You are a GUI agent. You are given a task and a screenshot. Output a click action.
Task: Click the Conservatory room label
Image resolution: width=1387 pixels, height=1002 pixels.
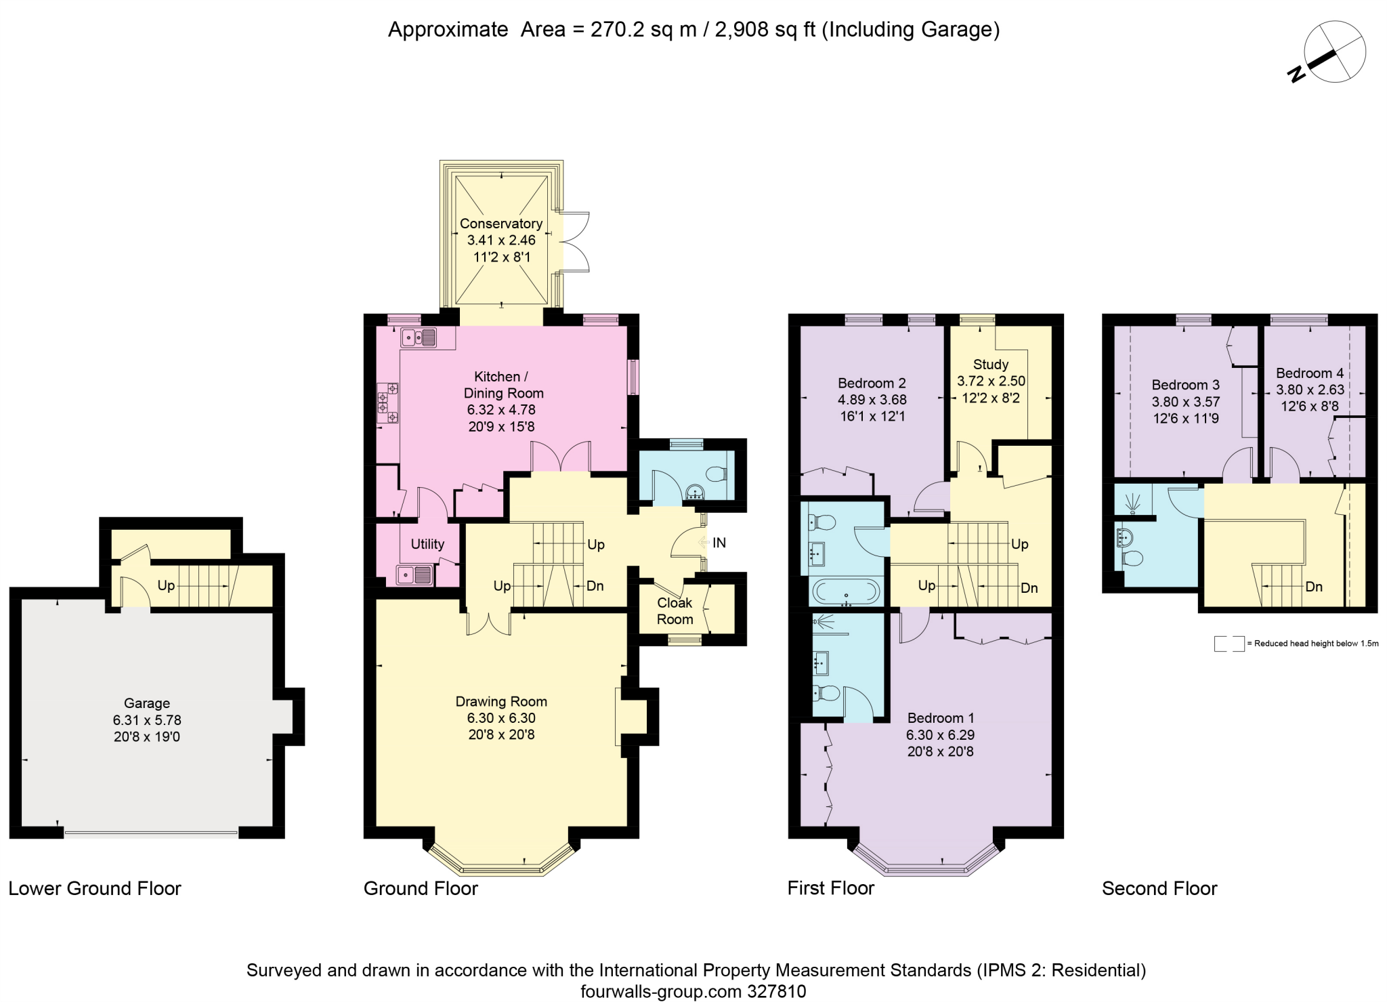(501, 224)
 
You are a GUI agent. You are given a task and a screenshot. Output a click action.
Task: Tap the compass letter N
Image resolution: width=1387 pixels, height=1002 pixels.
(1296, 74)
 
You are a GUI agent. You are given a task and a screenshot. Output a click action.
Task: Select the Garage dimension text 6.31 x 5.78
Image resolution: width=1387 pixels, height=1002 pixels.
(147, 720)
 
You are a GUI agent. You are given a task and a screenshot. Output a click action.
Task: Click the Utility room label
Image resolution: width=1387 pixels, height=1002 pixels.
(427, 544)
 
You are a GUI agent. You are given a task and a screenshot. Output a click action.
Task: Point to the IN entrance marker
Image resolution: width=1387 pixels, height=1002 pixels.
(719, 543)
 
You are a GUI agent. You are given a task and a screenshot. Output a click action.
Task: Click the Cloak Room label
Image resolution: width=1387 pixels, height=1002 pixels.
(675, 611)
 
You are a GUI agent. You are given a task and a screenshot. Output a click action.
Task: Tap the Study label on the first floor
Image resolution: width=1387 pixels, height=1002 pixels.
(991, 364)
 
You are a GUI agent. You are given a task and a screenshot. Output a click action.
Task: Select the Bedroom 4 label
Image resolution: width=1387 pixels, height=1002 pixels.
(1310, 373)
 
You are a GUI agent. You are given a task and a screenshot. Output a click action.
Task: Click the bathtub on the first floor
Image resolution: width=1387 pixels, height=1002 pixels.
(846, 591)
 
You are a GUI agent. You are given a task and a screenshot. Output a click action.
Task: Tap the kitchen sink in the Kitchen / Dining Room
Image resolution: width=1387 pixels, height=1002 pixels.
(419, 337)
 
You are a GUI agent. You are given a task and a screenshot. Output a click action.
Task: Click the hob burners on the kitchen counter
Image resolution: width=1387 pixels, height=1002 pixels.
(388, 403)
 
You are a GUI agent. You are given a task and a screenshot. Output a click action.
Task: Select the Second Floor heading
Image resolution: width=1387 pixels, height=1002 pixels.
(1159, 888)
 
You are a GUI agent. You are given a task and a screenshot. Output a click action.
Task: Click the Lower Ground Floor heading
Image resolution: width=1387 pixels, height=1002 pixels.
(95, 888)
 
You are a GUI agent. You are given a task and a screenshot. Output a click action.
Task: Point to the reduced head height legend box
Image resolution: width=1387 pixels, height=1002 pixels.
(1229, 644)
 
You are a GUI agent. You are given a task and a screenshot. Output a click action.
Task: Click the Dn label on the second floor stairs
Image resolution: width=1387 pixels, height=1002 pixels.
(1314, 587)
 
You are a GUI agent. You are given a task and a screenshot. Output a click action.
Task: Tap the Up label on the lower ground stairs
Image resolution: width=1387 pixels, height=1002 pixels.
(166, 586)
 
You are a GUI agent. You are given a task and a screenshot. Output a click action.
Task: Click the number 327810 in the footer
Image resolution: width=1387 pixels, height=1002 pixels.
(777, 992)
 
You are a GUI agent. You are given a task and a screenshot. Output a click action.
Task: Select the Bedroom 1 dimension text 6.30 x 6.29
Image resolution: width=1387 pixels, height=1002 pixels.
(941, 734)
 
